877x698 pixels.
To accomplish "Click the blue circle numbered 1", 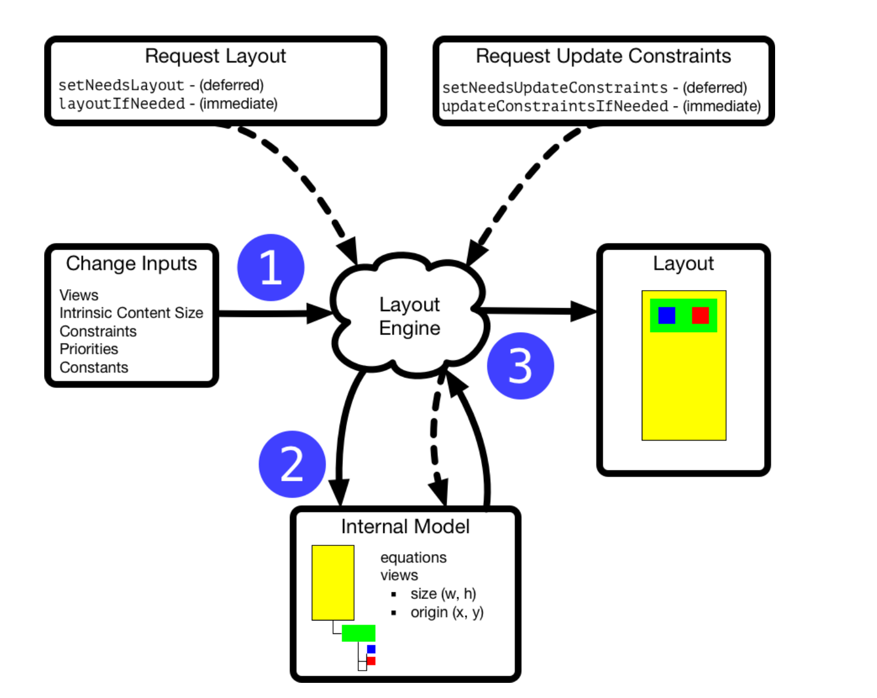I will pos(271,267).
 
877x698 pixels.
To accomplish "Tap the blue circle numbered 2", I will pos(292,464).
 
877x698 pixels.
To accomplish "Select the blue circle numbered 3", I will pos(520,366).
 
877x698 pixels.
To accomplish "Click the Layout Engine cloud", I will pos(409,316).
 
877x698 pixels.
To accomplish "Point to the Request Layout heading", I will pos(215,56).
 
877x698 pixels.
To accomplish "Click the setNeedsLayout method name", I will pos(121,85).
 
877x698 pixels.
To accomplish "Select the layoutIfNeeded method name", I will pos(122,104).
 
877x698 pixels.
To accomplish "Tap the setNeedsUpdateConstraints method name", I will pos(554,87).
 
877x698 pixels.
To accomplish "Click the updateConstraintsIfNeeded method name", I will pos(554,106).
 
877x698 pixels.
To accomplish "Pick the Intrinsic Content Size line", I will pos(131,313).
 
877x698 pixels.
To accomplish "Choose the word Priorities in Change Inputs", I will pos(89,349).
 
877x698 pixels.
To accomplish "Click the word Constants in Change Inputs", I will pos(94,368).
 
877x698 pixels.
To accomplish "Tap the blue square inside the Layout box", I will pos(667,315).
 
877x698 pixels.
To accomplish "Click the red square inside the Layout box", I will pos(700,315).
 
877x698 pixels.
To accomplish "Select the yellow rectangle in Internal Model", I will pos(333,583).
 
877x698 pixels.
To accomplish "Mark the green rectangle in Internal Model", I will pos(358,633).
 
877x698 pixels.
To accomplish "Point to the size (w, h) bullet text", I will pos(443,594).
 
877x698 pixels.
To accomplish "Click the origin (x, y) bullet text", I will pos(447,612).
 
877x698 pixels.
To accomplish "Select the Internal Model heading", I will pos(405,527).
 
